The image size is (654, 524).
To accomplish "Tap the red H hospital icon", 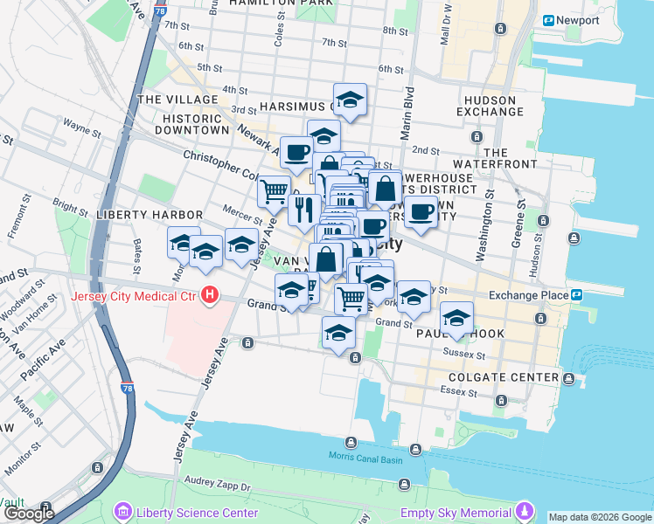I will (209, 296).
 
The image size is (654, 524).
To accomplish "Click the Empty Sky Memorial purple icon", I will (525, 511).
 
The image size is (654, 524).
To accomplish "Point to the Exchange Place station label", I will (528, 295).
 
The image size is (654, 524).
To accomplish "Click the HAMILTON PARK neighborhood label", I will (280, 4).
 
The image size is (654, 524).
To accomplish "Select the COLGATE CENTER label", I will (503, 377).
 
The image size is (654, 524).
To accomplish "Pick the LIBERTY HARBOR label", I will (150, 214).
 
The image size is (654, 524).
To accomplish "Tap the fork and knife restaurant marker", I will (304, 209).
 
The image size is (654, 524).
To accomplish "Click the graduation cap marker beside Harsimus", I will (350, 100).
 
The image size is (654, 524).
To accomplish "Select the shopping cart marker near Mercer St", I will (274, 190).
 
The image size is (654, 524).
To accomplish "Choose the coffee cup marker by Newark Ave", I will (296, 151).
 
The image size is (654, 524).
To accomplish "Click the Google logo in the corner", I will (28, 514).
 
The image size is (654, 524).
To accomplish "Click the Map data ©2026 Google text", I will (600, 517).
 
